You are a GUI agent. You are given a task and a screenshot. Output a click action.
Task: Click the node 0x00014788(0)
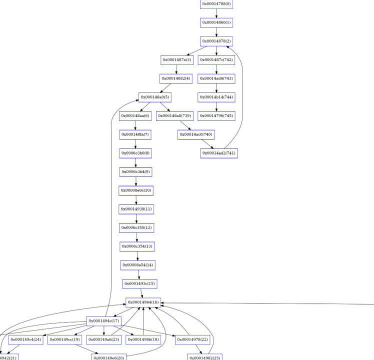[x=216, y=4]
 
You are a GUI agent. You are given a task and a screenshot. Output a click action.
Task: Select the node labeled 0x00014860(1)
[x=216, y=22]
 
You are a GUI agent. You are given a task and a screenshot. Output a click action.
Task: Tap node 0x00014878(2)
[x=216, y=41]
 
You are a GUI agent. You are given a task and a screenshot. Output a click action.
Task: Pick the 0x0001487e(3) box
[x=177, y=60]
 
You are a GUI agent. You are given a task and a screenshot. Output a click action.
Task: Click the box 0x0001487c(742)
[x=216, y=60]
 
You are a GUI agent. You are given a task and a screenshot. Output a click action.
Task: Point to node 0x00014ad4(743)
[x=216, y=78]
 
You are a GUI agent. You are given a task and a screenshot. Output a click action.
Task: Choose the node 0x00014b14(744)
[x=216, y=97]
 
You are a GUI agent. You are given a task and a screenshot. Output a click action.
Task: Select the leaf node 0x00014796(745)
[x=216, y=116]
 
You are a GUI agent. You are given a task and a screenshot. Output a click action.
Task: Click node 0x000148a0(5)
[x=155, y=97]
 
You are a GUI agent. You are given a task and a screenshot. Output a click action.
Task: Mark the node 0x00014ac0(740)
[x=195, y=134]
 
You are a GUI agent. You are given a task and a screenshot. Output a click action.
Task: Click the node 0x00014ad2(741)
[x=219, y=153]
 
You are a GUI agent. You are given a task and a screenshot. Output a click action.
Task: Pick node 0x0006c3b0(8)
[x=135, y=153]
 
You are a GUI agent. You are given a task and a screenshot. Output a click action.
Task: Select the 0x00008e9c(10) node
[x=135, y=190]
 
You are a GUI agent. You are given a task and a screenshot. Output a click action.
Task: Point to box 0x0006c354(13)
[x=136, y=246]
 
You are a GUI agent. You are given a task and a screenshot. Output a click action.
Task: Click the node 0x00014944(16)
[x=143, y=302]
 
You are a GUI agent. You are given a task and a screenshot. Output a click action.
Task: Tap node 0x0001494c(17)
[x=103, y=321]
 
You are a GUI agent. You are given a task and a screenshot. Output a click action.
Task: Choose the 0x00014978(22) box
[x=191, y=340]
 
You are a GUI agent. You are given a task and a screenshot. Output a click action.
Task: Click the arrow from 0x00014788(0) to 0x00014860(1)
[x=216, y=13]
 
